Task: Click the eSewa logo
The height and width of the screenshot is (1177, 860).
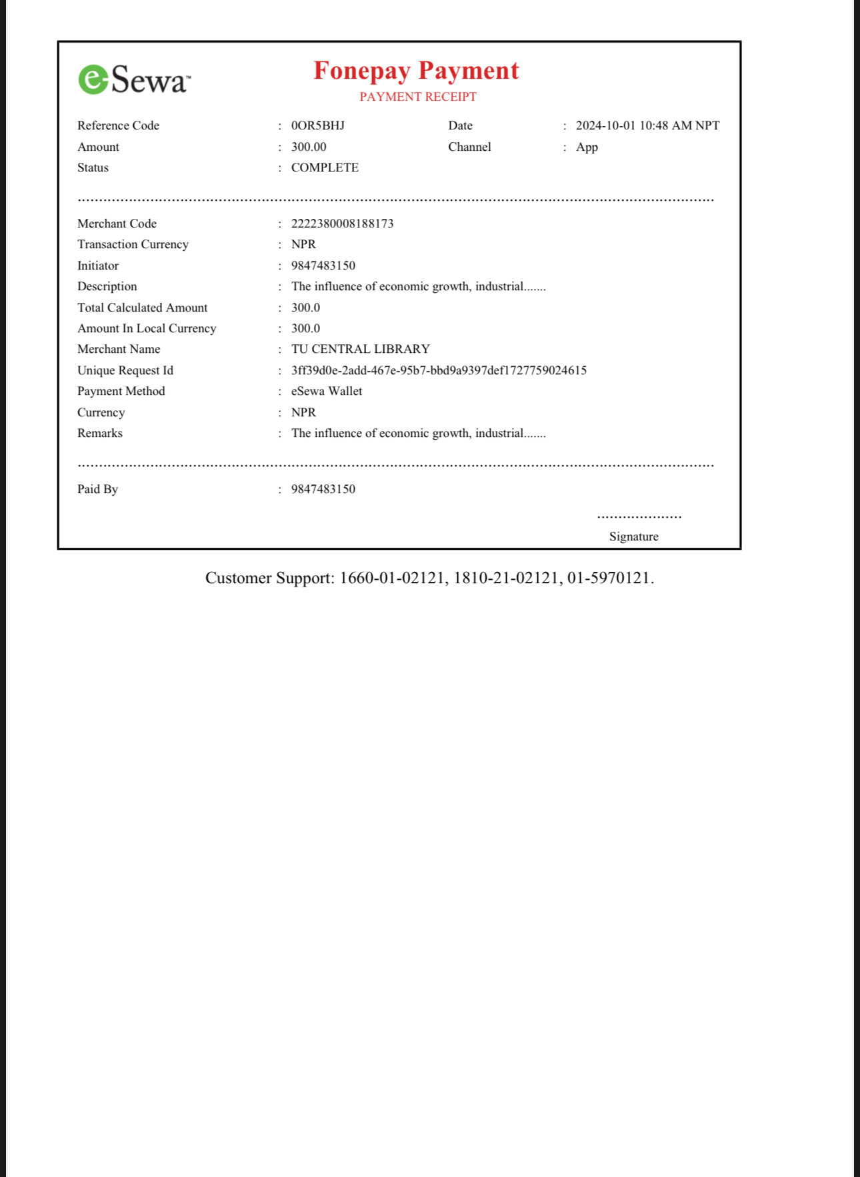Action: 134,79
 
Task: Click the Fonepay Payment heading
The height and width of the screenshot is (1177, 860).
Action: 416,71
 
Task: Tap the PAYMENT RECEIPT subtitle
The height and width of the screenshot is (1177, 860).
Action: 418,97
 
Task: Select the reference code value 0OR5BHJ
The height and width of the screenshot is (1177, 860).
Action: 317,125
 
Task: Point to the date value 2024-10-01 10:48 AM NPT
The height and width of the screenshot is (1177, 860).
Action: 647,125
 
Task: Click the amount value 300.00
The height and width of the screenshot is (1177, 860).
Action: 309,147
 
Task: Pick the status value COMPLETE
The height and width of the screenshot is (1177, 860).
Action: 325,167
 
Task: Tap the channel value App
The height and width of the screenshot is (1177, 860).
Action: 587,147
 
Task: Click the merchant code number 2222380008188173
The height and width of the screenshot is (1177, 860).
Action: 342,224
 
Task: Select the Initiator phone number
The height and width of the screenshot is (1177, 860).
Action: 323,266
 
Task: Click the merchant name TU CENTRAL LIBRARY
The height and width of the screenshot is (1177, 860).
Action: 360,349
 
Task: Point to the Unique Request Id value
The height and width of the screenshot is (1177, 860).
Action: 439,370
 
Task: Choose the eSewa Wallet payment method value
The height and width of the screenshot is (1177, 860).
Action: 327,391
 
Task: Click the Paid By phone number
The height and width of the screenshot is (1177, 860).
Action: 323,489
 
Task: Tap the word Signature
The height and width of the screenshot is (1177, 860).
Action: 633,536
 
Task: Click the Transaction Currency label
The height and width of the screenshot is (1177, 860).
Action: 133,244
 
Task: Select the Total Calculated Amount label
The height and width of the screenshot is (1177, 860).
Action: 142,308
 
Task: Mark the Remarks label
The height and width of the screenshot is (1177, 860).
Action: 100,433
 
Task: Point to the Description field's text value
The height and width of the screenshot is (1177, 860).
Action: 418,286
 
